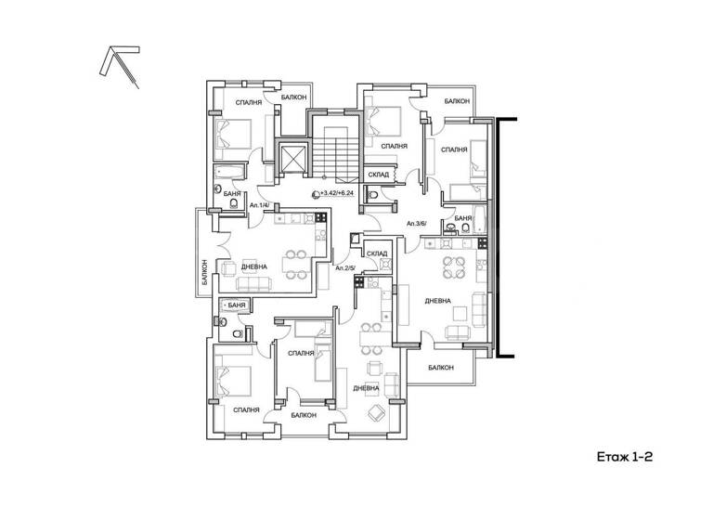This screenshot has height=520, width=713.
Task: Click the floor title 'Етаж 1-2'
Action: [625, 457]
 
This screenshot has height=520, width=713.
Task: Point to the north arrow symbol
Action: [119, 67]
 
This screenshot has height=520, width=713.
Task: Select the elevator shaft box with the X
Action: [292, 158]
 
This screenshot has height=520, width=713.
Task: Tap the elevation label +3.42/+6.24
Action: [337, 193]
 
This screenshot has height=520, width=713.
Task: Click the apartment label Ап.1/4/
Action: [259, 205]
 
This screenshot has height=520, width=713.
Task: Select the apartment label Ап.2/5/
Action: [345, 268]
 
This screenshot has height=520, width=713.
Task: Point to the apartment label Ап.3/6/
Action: [417, 224]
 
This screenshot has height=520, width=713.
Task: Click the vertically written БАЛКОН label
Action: [204, 272]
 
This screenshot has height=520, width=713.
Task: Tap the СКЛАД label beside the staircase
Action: [379, 175]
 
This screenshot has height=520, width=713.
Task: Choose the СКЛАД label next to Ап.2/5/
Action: [377, 253]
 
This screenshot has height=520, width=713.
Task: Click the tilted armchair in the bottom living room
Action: [377, 412]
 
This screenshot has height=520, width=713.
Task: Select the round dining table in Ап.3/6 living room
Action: [454, 267]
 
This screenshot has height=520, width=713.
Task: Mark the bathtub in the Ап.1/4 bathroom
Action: [229, 172]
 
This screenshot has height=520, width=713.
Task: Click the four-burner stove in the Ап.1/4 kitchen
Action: [320, 217]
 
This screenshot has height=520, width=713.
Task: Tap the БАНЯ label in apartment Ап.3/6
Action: [463, 218]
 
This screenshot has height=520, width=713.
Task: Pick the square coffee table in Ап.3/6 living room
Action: [460, 314]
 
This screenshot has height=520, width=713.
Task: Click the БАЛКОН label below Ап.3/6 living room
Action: [441, 367]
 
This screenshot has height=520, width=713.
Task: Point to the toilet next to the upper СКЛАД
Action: [373, 196]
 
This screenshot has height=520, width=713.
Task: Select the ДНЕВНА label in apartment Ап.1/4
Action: [253, 266]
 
